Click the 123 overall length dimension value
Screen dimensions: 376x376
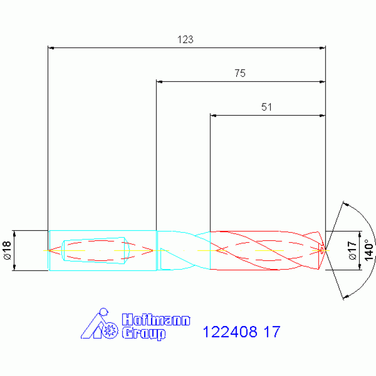(x=185, y=40)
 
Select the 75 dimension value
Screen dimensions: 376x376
(x=240, y=74)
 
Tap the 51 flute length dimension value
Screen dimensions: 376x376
(x=266, y=107)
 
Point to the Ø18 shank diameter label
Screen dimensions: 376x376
(x=7, y=251)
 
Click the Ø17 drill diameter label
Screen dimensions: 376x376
(x=352, y=251)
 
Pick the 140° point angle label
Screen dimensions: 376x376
(x=369, y=250)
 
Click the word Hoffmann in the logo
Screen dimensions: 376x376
(x=156, y=320)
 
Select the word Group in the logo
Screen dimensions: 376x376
(x=144, y=333)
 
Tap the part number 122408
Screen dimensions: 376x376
(x=230, y=332)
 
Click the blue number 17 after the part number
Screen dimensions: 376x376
(x=272, y=332)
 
